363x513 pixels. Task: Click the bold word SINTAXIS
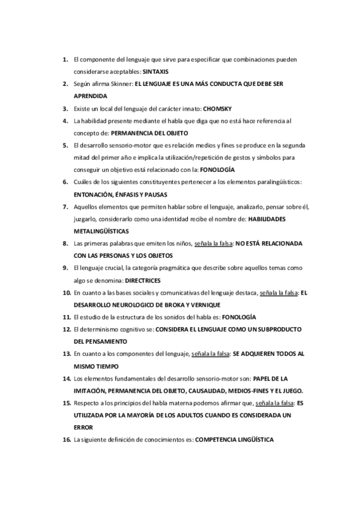coord(156,71)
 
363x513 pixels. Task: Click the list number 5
coord(65,145)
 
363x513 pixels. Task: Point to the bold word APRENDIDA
coord(90,96)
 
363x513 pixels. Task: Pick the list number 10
coord(66,293)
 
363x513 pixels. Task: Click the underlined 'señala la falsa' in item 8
coord(213,243)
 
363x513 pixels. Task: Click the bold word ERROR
coord(83,428)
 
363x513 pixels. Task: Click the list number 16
coord(66,440)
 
